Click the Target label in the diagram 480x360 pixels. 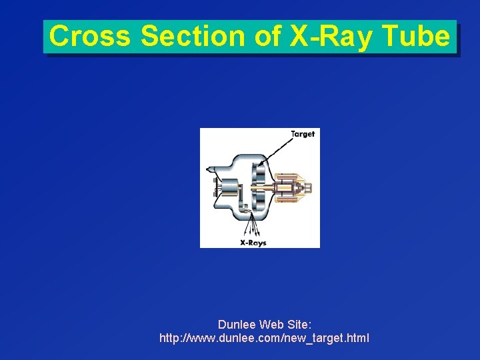pos(303,134)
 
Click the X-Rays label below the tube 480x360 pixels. pos(253,243)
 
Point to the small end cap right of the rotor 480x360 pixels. pos(309,187)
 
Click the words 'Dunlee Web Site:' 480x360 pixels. pos(264,325)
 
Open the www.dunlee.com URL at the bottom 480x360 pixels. pos(264,339)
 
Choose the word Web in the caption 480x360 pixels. pos(271,325)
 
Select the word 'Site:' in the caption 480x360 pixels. pos(298,325)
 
